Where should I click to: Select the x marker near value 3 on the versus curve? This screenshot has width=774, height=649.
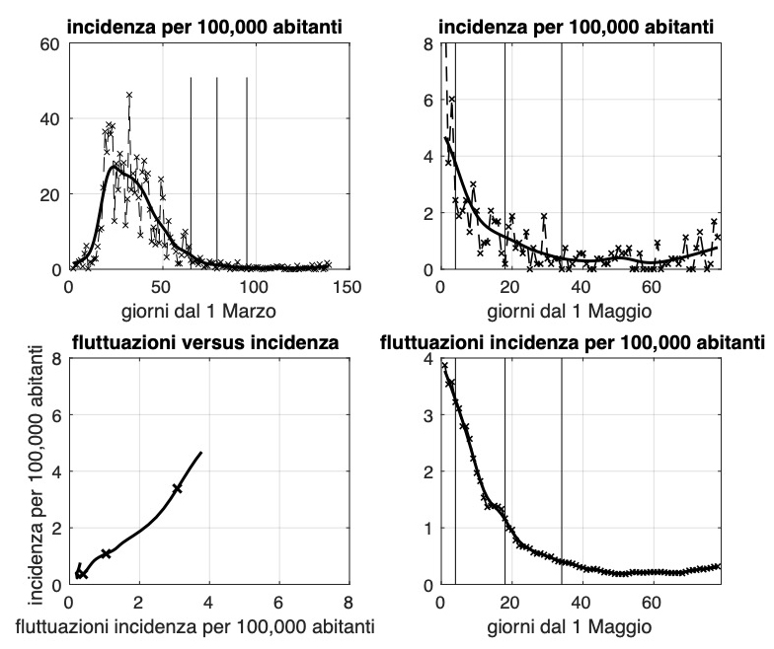coord(177,488)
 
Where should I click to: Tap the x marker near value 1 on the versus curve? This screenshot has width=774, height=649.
coord(106,553)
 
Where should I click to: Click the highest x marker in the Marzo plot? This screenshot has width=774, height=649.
coord(129,95)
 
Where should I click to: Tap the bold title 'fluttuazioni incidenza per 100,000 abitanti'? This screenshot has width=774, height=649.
coord(573,343)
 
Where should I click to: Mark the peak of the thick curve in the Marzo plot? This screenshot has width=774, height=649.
coord(115,167)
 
